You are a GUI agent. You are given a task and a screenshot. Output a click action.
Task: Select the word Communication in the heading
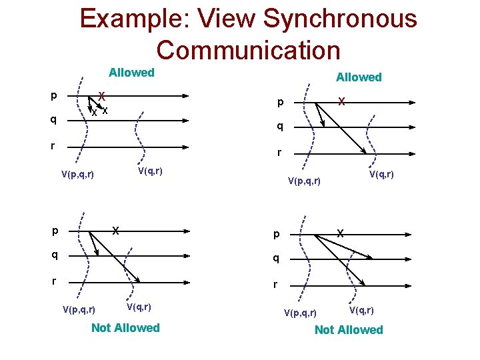248,49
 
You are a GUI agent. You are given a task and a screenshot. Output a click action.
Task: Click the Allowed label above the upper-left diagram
131,73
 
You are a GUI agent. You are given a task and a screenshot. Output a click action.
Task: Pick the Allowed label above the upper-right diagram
359,77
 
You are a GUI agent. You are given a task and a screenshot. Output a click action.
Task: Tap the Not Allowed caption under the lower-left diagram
125,327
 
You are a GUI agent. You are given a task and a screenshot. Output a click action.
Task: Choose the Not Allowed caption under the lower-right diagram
349,329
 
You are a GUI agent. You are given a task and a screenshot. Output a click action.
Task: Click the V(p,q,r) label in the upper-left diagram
77,175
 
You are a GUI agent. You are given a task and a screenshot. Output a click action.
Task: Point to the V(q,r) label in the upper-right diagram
381,174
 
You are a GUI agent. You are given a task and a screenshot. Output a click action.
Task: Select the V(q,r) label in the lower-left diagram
139,307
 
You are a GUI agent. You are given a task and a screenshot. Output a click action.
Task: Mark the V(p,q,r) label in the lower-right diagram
301,313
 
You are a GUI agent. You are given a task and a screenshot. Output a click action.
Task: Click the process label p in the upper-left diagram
54,95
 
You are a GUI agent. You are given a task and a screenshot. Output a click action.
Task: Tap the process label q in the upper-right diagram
281,126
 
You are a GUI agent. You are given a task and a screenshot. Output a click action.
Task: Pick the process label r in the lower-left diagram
54,281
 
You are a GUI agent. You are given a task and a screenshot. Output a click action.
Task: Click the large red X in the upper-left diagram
101,95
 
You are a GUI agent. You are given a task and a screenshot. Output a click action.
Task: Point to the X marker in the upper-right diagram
341,102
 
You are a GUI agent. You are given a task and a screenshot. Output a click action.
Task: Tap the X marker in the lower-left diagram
115,231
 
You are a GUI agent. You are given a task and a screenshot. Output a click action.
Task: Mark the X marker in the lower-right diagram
340,234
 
